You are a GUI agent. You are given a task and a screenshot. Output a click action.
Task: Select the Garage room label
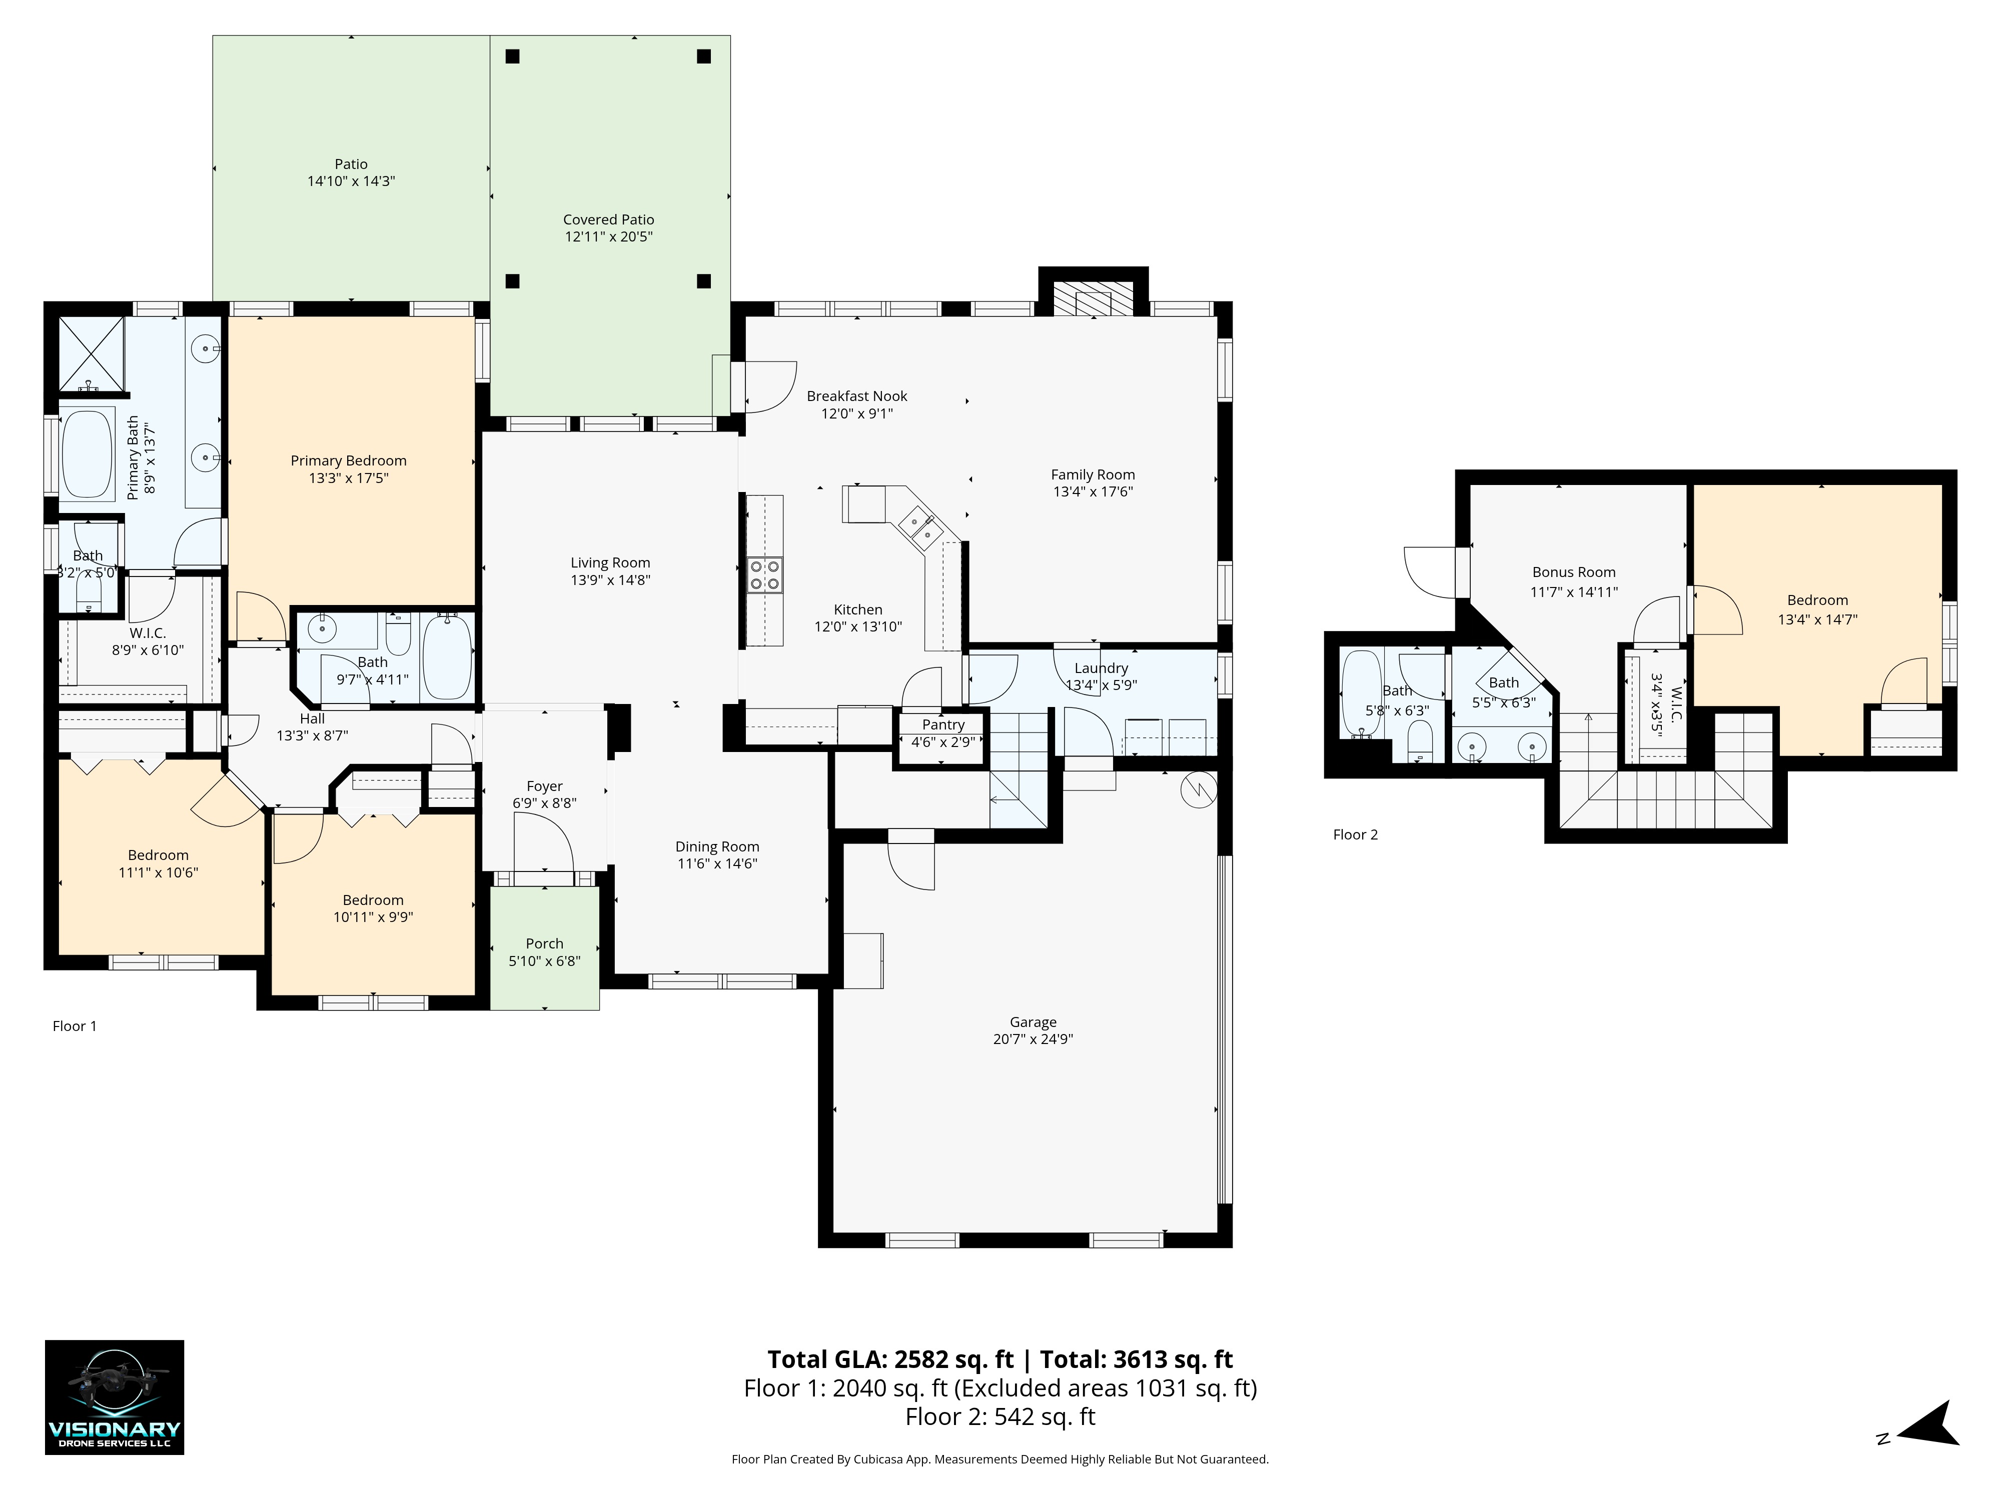[x=1033, y=1021]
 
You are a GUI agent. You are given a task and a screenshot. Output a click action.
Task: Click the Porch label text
[x=545, y=943]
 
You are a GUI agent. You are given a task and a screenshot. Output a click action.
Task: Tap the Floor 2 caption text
[x=1355, y=834]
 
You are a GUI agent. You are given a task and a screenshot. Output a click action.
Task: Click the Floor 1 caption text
[x=74, y=1025]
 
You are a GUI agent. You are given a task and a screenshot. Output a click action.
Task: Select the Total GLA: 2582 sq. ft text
[x=891, y=1359]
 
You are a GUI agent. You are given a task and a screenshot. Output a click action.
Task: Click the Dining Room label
[x=717, y=846]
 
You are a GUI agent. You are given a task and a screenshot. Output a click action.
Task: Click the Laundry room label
[x=1101, y=667]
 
